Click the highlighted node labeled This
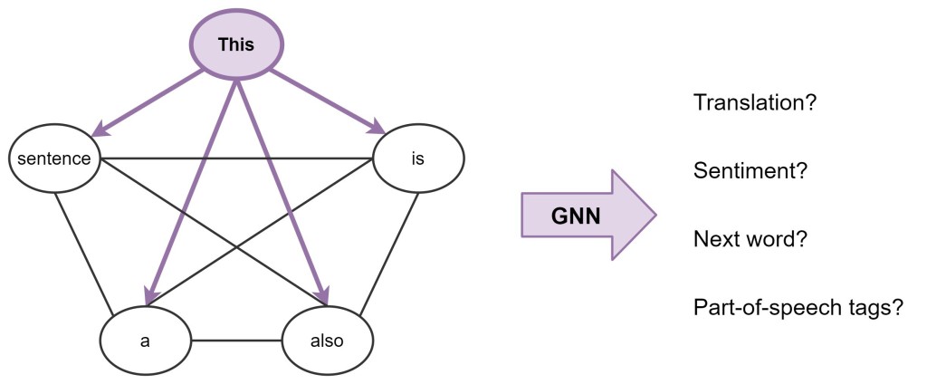236,44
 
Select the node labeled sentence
55,159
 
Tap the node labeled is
417,159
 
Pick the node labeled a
146,341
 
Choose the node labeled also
327,341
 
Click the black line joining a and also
236,341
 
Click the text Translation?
755,102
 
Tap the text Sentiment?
750,170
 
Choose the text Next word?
750,239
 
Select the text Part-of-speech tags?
798,307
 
